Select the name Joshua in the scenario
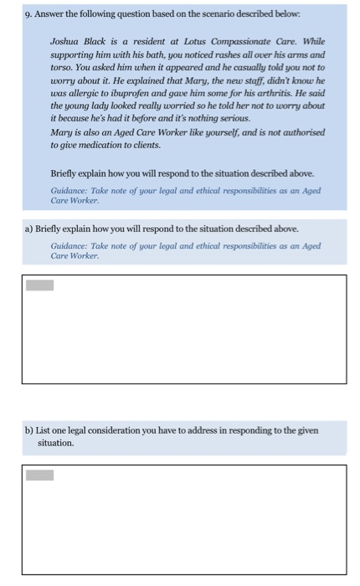66,41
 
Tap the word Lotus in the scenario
192,41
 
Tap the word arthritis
285,93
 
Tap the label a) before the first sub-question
29,228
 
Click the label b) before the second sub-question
29,430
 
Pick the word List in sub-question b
46,430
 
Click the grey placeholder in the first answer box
39,285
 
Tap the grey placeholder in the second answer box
39,475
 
